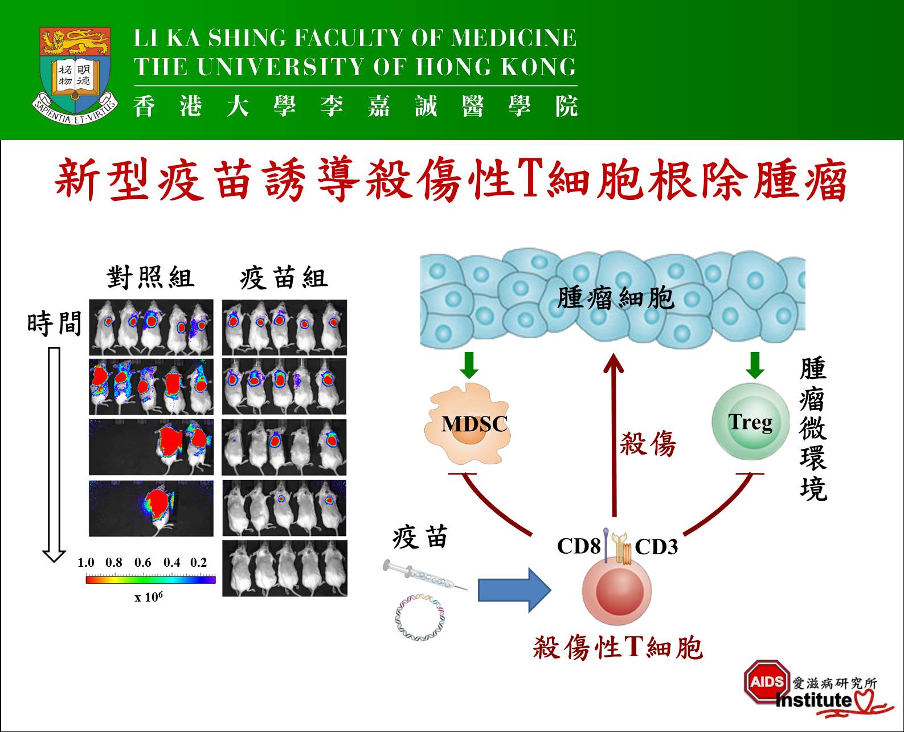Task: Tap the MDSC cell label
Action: pyautogui.click(x=474, y=424)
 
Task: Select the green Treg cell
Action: pyautogui.click(x=751, y=422)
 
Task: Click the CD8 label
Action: pyautogui.click(x=578, y=546)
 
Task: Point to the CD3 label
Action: pyautogui.click(x=656, y=547)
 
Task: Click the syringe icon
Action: pyautogui.click(x=425, y=575)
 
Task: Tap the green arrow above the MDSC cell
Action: pyautogui.click(x=469, y=365)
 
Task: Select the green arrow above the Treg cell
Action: pyautogui.click(x=755, y=365)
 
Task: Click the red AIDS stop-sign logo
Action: pyautogui.click(x=766, y=681)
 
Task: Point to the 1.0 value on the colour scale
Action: pyautogui.click(x=86, y=563)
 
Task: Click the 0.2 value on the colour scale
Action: pyautogui.click(x=198, y=563)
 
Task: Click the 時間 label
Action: pyautogui.click(x=55, y=324)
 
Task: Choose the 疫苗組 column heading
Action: pyautogui.click(x=284, y=278)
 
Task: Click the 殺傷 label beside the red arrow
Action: pyautogui.click(x=648, y=443)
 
